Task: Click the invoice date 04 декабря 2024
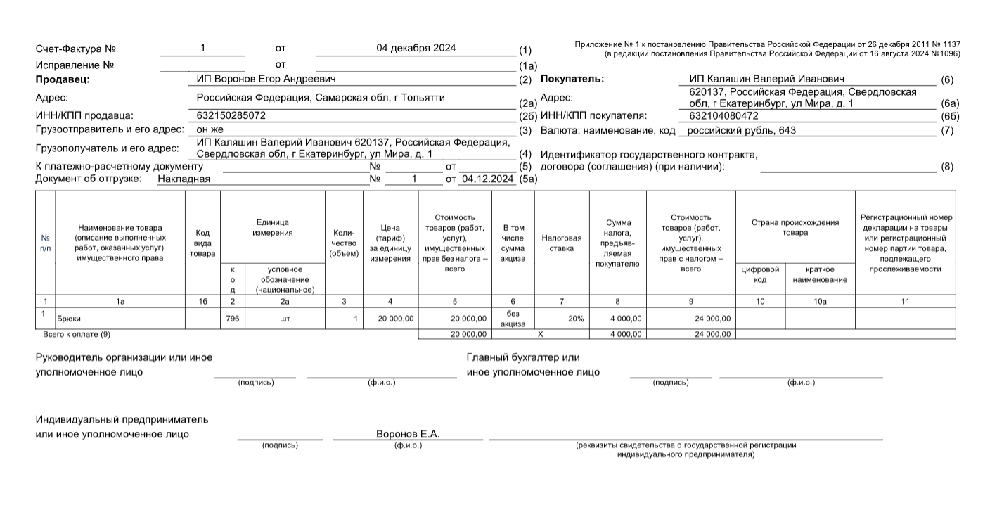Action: coord(416,49)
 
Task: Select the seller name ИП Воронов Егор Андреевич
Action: coord(266,79)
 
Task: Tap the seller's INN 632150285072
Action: coord(231,115)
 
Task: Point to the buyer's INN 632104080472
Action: coord(723,115)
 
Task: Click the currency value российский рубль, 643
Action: coord(742,130)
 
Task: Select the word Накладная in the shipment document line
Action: coord(184,179)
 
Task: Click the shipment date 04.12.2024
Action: coord(488,179)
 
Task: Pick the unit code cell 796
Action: coord(233,319)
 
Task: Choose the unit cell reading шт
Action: coord(285,319)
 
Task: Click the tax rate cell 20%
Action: coord(576,319)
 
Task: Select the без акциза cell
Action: coord(513,318)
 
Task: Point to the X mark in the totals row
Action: coord(540,334)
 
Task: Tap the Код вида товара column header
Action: coord(202,243)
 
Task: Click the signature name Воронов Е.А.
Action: coord(408,434)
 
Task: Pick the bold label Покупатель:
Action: coord(572,79)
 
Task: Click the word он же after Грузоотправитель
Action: coord(210,130)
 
